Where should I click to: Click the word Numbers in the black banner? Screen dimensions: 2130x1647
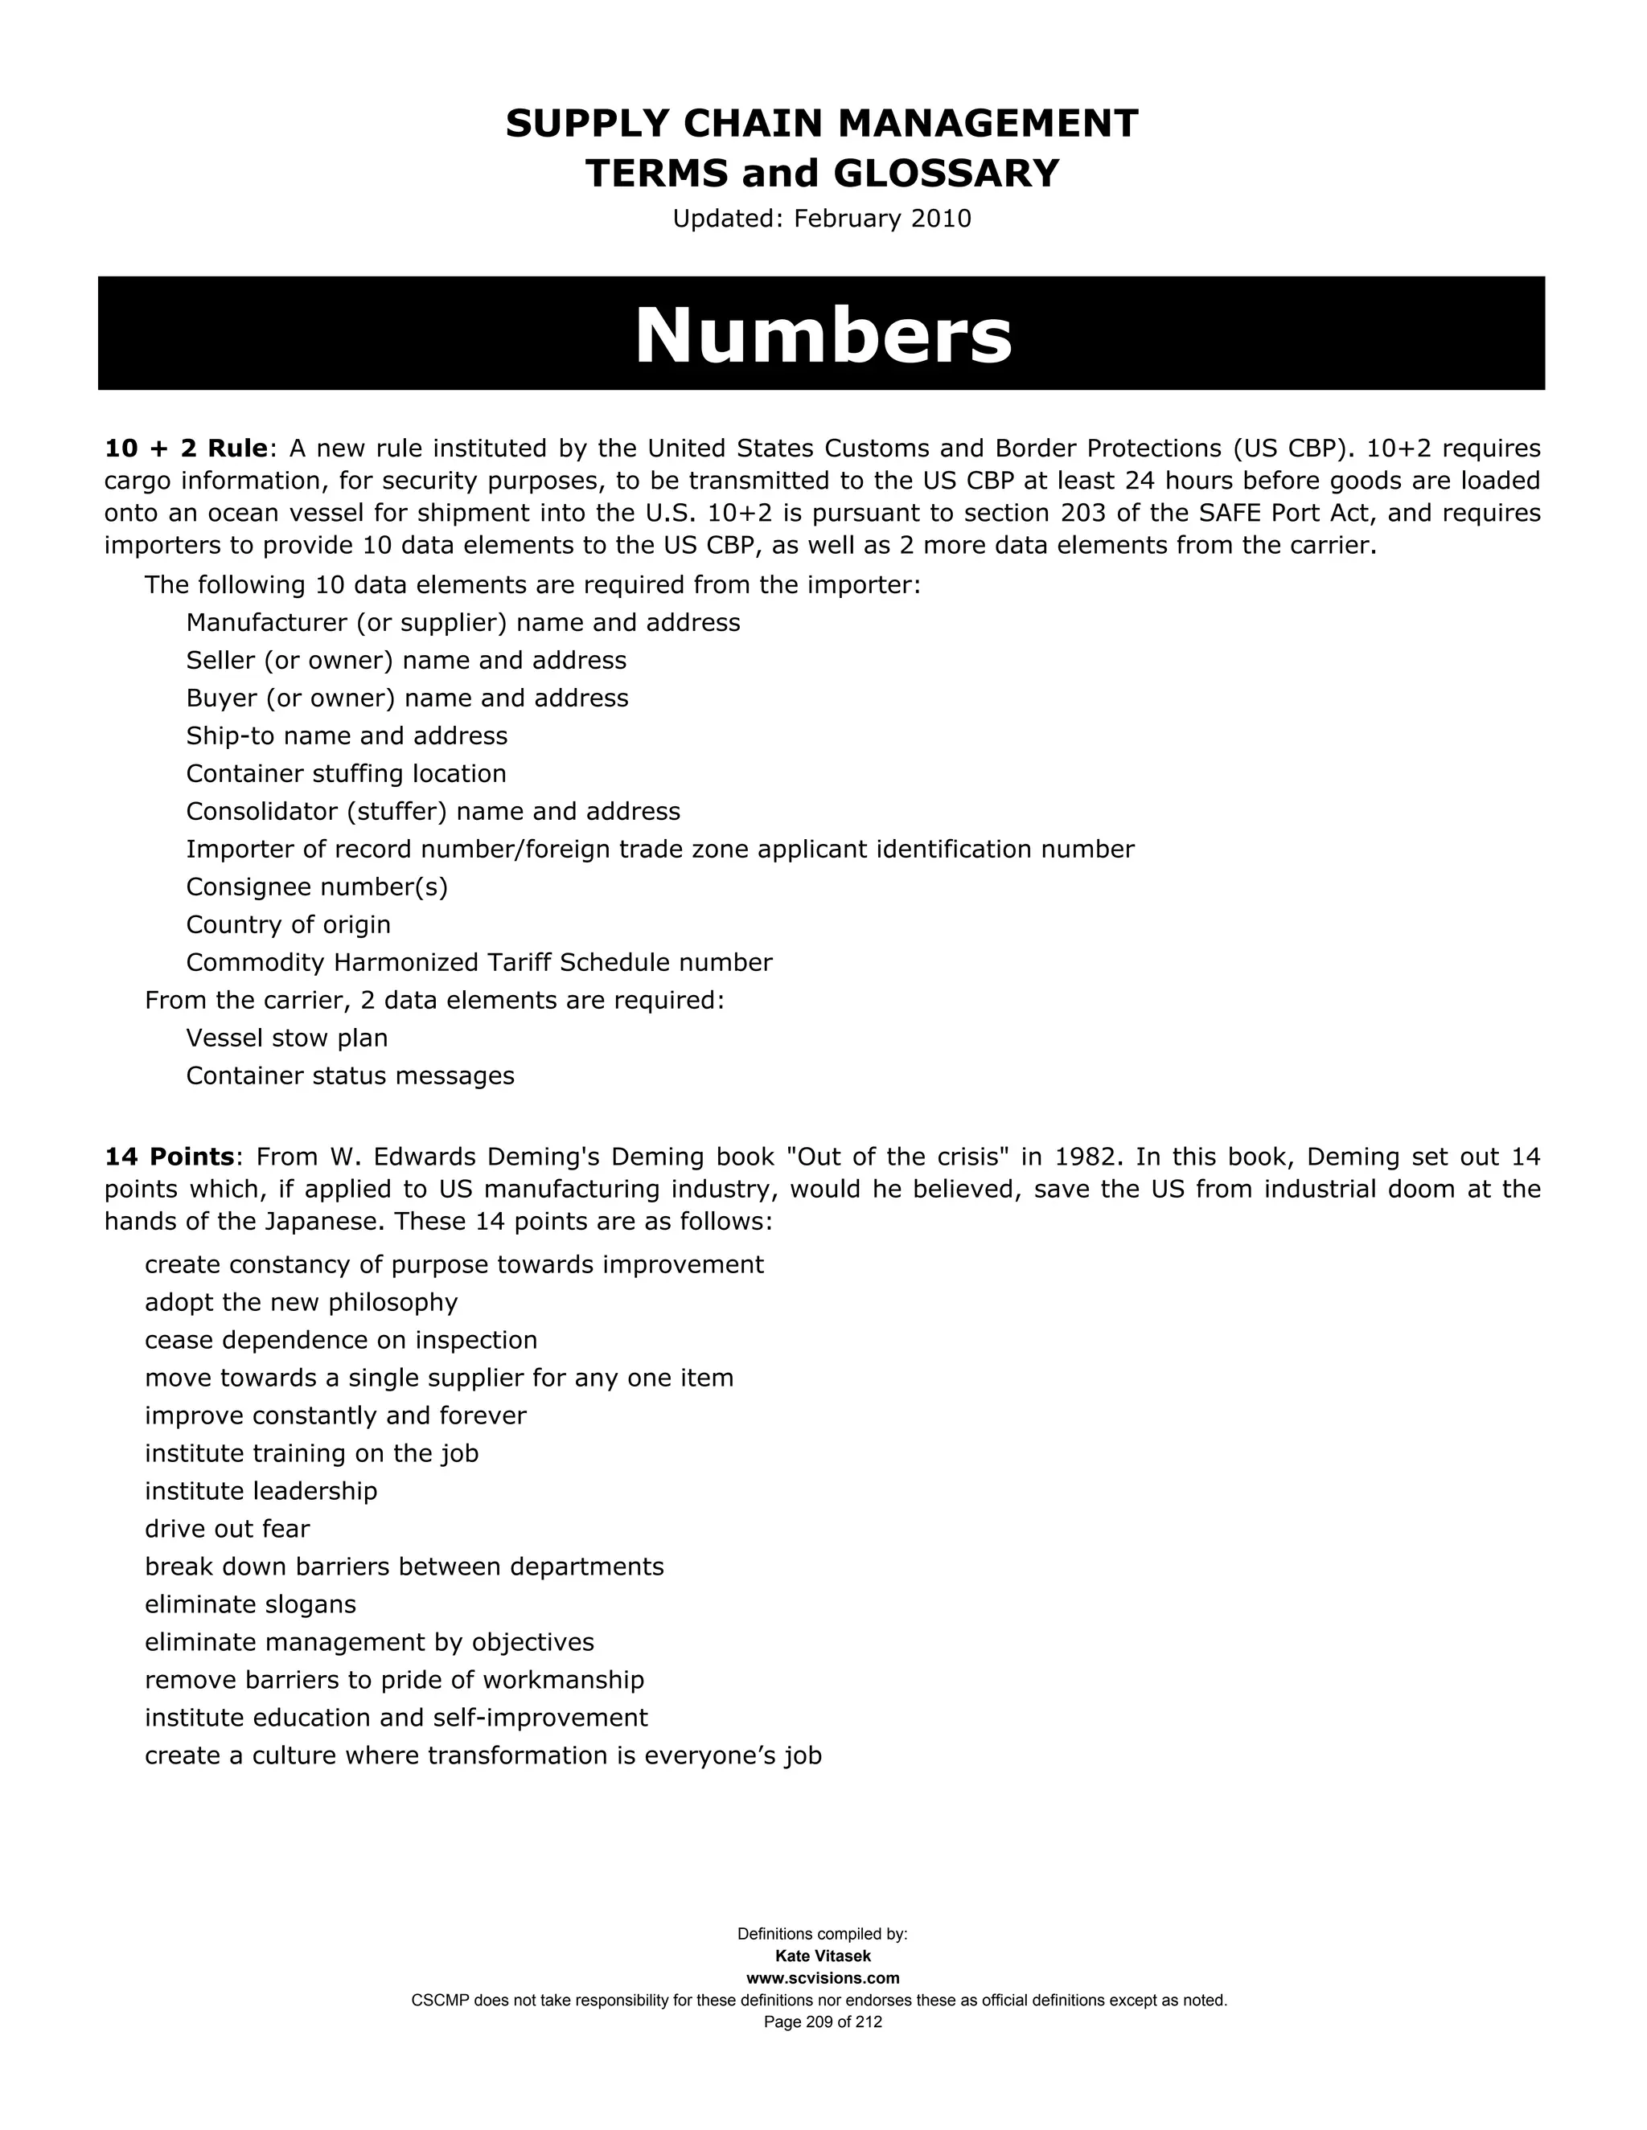click(823, 334)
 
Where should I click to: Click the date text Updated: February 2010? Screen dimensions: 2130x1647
click(822, 219)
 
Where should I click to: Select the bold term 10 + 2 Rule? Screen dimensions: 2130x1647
click(186, 449)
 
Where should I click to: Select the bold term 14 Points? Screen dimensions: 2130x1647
click(169, 1157)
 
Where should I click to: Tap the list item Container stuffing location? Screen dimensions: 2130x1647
click(347, 773)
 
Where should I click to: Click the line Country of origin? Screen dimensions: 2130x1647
click(288, 924)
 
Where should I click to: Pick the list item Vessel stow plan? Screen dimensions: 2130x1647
click(287, 1038)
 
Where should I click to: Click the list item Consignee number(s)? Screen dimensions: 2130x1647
click(316, 887)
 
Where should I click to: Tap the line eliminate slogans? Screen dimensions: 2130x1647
click(250, 1604)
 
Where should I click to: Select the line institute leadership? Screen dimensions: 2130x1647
click(261, 1490)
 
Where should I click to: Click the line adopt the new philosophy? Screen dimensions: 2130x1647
click(301, 1302)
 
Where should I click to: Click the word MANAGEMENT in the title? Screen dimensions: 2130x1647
click(988, 124)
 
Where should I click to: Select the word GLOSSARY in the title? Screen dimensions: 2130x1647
click(946, 174)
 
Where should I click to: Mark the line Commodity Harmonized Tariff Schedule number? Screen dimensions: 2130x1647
click(478, 963)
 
